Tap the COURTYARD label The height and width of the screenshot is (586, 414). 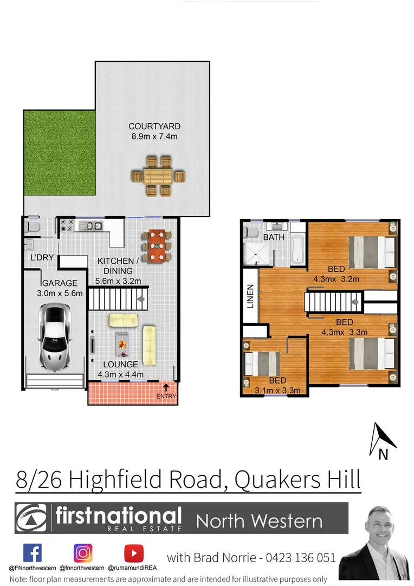click(154, 126)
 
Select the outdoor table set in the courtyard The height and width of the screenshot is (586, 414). click(158, 176)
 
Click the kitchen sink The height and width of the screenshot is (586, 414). click(90, 226)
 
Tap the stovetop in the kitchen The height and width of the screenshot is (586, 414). click(67, 225)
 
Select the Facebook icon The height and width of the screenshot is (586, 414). click(33, 553)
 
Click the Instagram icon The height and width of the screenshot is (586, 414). click(83, 553)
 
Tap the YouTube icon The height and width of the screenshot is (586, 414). click(133, 553)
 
